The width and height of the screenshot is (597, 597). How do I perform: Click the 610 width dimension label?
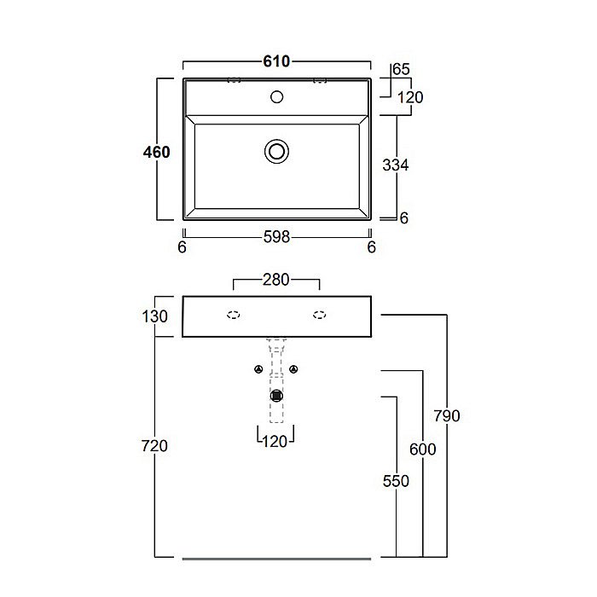pos(276,61)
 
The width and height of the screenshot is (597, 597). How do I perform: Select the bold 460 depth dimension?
pos(156,153)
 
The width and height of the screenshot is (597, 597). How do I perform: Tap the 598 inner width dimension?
pos(277,237)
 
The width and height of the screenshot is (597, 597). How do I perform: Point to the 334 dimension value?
pos(396,165)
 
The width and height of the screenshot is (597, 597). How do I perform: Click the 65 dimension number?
pos(401,69)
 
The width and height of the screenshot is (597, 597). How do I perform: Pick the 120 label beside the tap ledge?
pos(410,97)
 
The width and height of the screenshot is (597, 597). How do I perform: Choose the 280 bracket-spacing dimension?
pos(276,280)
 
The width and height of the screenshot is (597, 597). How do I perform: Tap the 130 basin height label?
pos(154,316)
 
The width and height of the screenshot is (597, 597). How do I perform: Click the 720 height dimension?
pos(154,446)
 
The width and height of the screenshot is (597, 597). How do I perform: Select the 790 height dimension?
pos(447,416)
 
